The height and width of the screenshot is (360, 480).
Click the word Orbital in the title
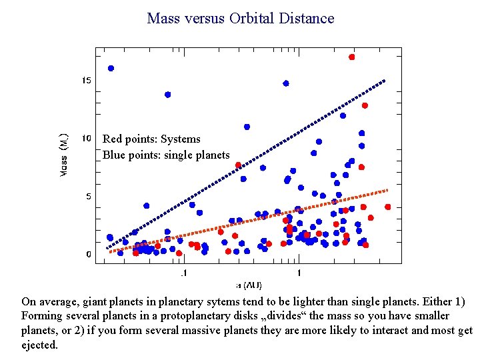[x=255, y=18]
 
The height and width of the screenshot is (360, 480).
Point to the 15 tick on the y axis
[x=87, y=81]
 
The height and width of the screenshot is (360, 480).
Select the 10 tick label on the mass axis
[x=87, y=139]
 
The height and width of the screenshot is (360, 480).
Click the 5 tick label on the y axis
[x=89, y=197]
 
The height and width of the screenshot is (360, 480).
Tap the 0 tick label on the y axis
[x=89, y=255]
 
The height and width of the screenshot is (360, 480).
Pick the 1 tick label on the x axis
[x=299, y=273]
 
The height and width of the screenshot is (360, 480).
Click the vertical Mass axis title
[x=64, y=154]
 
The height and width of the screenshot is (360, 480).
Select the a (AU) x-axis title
[x=248, y=285]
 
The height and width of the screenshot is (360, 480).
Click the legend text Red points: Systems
[x=151, y=139]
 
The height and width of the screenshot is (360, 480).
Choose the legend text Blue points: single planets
[x=166, y=155]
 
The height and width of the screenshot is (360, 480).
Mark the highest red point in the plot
[x=351, y=57]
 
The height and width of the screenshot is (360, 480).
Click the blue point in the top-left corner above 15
[x=111, y=68]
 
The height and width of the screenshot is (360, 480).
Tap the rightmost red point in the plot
[x=388, y=207]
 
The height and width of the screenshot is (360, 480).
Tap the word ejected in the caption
[x=39, y=345]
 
